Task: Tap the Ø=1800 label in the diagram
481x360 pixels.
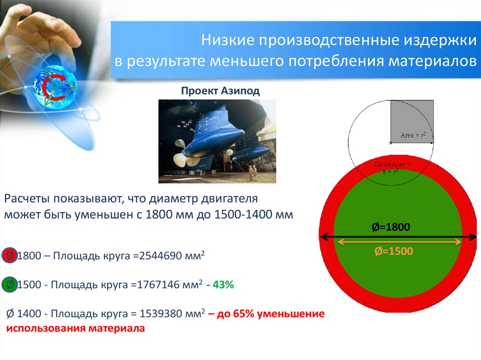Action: coord(391,227)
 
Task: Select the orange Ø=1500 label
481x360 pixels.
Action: coord(393,251)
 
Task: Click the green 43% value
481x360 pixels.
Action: coord(223,284)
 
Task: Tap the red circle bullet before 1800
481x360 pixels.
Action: coord(9,256)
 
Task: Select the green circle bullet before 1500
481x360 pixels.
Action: coord(9,284)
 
